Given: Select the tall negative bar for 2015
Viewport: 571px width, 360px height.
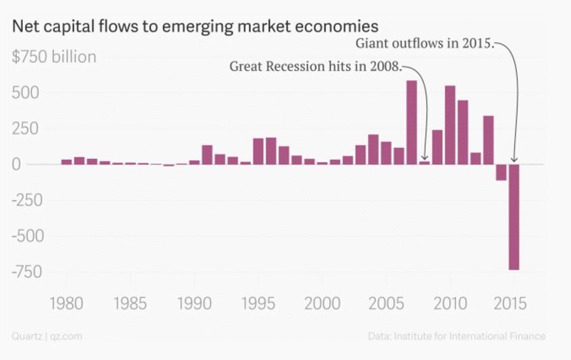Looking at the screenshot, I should [514, 217].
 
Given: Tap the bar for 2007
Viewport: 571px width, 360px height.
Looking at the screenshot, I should [412, 122].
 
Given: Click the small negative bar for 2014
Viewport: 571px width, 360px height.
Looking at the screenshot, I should [501, 172].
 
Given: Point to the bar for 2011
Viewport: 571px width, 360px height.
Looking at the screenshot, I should [463, 132].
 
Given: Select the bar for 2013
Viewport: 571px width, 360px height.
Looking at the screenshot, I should [489, 140].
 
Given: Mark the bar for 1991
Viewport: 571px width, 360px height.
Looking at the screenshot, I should [207, 155].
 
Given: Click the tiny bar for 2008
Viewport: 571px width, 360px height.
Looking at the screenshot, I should [424, 162].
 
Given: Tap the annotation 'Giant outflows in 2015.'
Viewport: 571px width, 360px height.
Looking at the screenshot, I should [426, 45].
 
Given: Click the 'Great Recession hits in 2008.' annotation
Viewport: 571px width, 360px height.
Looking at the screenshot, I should [316, 67].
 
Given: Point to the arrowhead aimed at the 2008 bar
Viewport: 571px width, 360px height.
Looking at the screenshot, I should [424, 157].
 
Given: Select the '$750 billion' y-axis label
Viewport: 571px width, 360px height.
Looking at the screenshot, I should [54, 57].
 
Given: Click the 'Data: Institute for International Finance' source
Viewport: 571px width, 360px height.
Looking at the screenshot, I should [456, 336].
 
